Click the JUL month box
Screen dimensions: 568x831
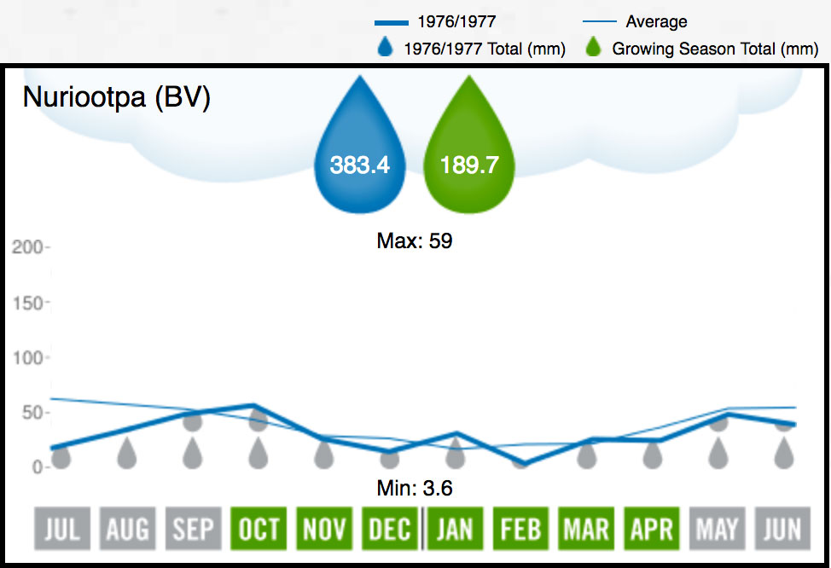61,529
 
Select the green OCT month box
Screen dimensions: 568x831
258,529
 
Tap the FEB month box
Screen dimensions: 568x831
520,529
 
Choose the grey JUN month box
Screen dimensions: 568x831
782,529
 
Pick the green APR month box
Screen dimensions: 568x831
652,529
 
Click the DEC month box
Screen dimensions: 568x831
389,529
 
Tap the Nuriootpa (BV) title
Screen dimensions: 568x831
116,97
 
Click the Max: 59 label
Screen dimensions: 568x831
414,241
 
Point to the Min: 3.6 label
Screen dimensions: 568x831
414,490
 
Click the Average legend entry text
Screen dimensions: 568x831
656,22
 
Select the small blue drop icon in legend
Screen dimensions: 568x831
385,49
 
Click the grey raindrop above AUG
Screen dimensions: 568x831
127,453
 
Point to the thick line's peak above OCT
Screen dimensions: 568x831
253,405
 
